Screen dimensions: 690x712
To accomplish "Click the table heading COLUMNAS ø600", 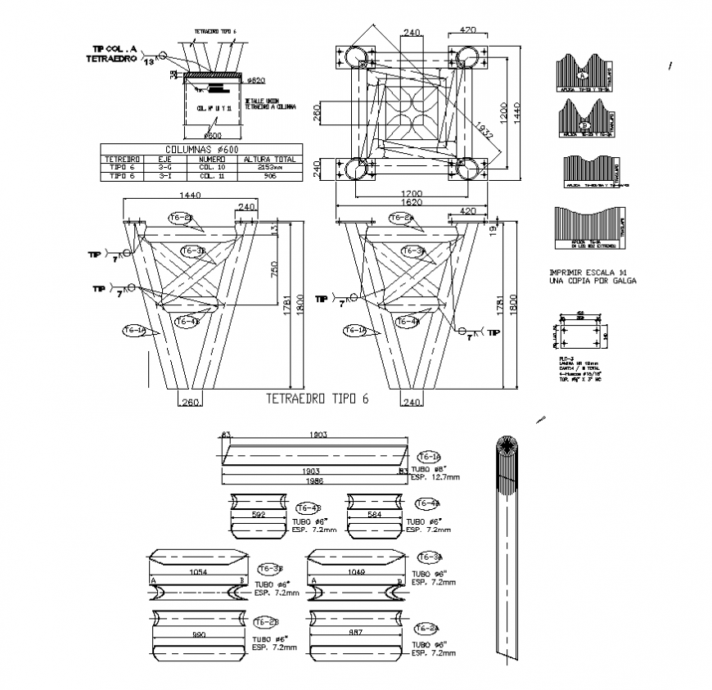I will tap(201, 150).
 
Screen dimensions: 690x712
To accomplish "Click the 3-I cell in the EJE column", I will tap(164, 175).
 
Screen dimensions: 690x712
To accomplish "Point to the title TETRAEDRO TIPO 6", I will tap(318, 399).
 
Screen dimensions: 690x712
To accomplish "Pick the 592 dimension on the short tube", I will tap(259, 515).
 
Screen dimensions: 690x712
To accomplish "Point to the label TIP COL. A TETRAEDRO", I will tap(115, 52).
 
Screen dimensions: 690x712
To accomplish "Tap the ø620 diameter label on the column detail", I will tap(258, 80).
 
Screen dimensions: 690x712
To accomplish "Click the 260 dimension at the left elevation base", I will tap(190, 401).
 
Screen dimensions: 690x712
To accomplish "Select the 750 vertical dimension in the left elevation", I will tap(275, 268).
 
